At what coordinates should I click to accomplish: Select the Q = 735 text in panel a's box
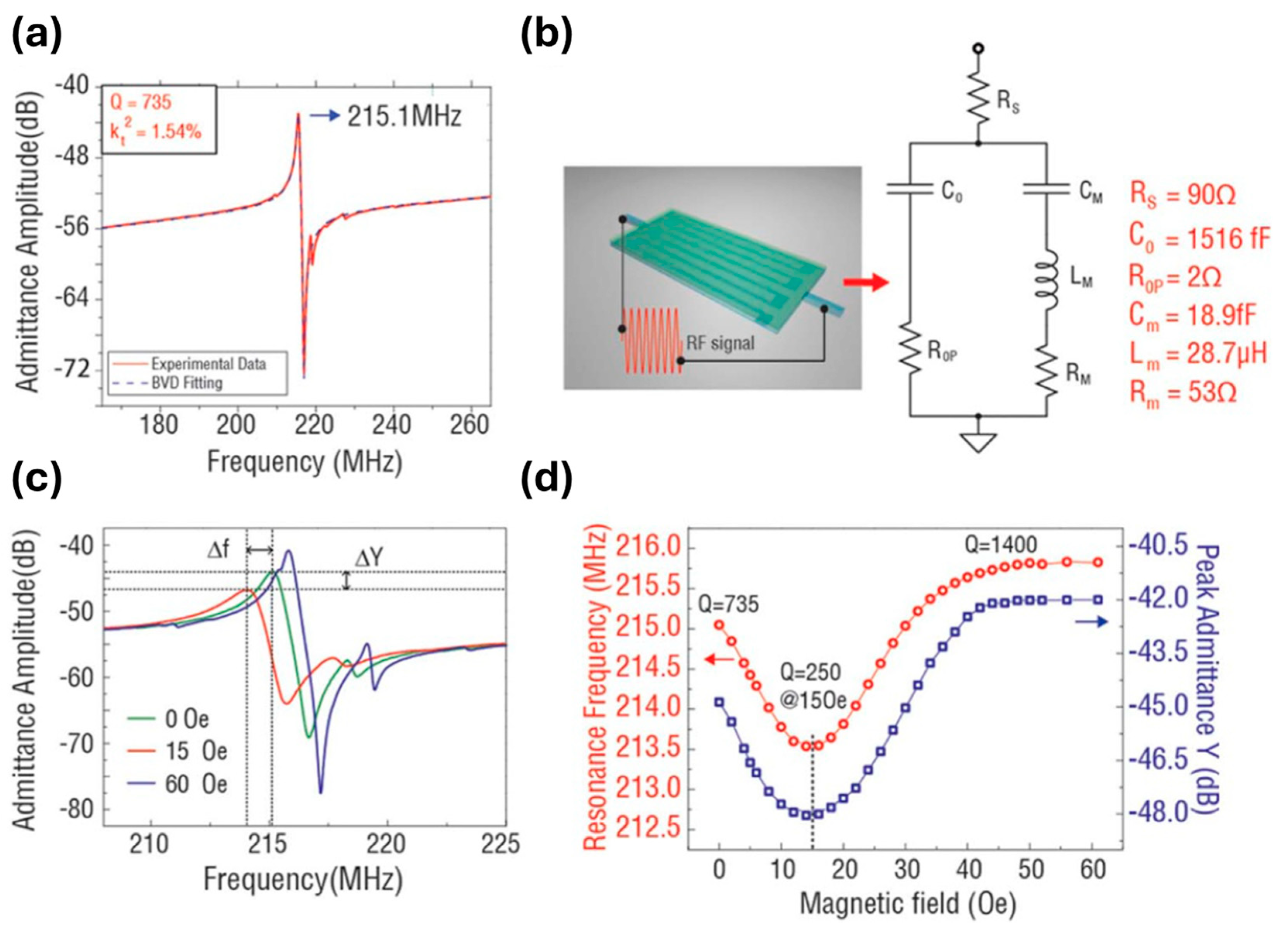pos(141,102)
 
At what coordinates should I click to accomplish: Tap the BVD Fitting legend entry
pos(186,383)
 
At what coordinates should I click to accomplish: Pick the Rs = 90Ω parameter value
pos(1182,195)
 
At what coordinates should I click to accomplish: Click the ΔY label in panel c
pos(369,558)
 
